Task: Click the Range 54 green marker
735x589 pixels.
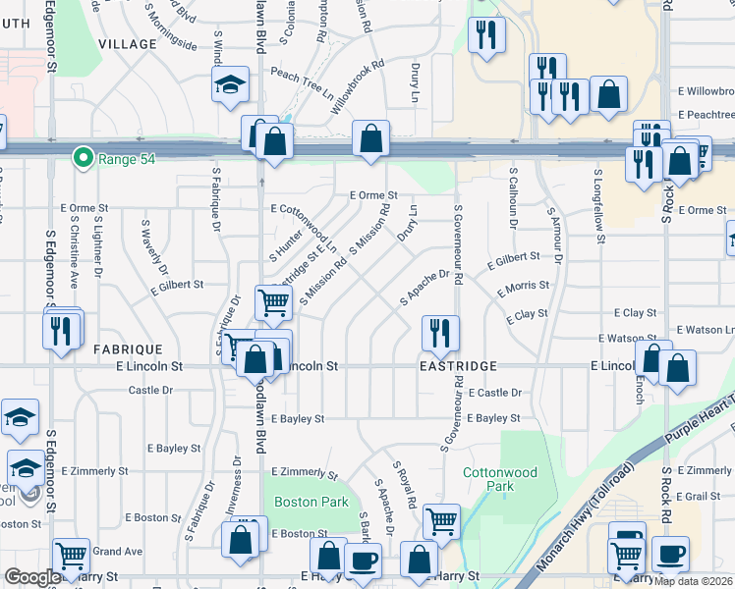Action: click(85, 157)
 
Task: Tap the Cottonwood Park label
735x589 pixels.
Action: click(500, 479)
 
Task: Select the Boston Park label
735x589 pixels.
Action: click(311, 502)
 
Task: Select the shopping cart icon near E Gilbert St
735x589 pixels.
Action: click(272, 302)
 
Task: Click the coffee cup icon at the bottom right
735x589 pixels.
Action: click(671, 553)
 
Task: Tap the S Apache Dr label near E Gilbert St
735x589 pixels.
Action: click(424, 288)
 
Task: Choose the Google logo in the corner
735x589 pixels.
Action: click(32, 578)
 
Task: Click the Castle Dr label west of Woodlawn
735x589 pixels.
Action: click(150, 390)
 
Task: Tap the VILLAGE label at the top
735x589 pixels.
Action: click(128, 44)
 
